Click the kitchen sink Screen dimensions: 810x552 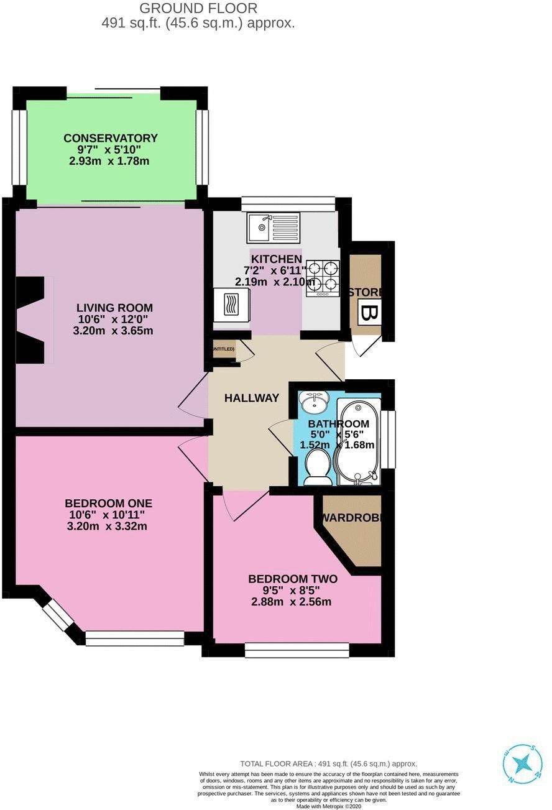(274, 227)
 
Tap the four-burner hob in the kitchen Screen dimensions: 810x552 (323, 277)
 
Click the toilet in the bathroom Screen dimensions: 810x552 (319, 467)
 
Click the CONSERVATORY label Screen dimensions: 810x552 (111, 138)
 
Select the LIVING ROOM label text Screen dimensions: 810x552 (114, 308)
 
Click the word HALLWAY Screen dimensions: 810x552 (251, 398)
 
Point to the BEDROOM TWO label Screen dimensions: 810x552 (292, 579)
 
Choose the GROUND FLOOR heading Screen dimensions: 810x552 (198, 8)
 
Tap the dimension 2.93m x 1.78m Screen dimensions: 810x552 (110, 161)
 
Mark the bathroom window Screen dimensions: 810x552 (389, 439)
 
